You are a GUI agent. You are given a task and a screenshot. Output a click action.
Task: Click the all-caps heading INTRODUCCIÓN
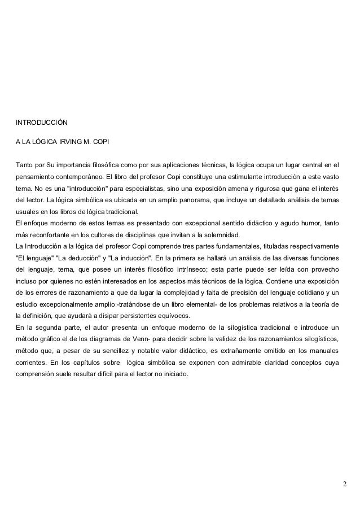[41, 122]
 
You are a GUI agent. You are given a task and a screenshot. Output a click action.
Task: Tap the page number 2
[345, 485]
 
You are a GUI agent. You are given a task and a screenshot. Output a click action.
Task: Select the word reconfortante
[51, 235]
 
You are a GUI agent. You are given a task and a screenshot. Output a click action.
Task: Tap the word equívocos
[174, 315]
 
